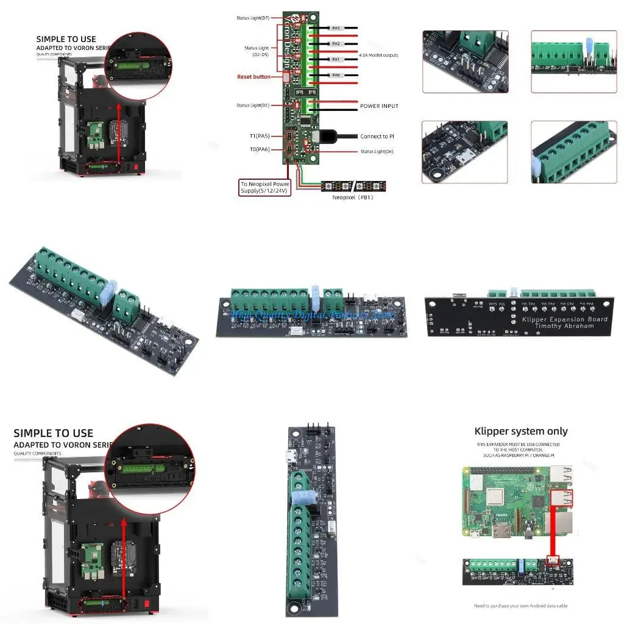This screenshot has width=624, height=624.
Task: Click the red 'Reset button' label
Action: (253, 77)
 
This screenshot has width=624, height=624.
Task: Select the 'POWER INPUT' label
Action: (379, 106)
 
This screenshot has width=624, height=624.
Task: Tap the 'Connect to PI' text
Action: (377, 136)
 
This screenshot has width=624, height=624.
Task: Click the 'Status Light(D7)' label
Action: (252, 18)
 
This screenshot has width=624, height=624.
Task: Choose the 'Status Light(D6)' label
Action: (377, 152)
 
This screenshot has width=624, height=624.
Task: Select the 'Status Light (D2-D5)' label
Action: (257, 51)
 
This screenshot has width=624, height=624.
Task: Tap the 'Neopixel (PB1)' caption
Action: (352, 197)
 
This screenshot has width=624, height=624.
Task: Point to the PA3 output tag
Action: (336, 28)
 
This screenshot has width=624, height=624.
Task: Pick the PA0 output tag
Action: (336, 75)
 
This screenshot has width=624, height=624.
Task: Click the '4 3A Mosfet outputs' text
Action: (378, 55)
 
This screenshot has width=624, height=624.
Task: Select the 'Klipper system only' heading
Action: (521, 431)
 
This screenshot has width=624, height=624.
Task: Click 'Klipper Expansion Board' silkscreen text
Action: (565, 319)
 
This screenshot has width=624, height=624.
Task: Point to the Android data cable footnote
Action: (521, 606)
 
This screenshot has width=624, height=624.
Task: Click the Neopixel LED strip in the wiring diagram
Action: (354, 186)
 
